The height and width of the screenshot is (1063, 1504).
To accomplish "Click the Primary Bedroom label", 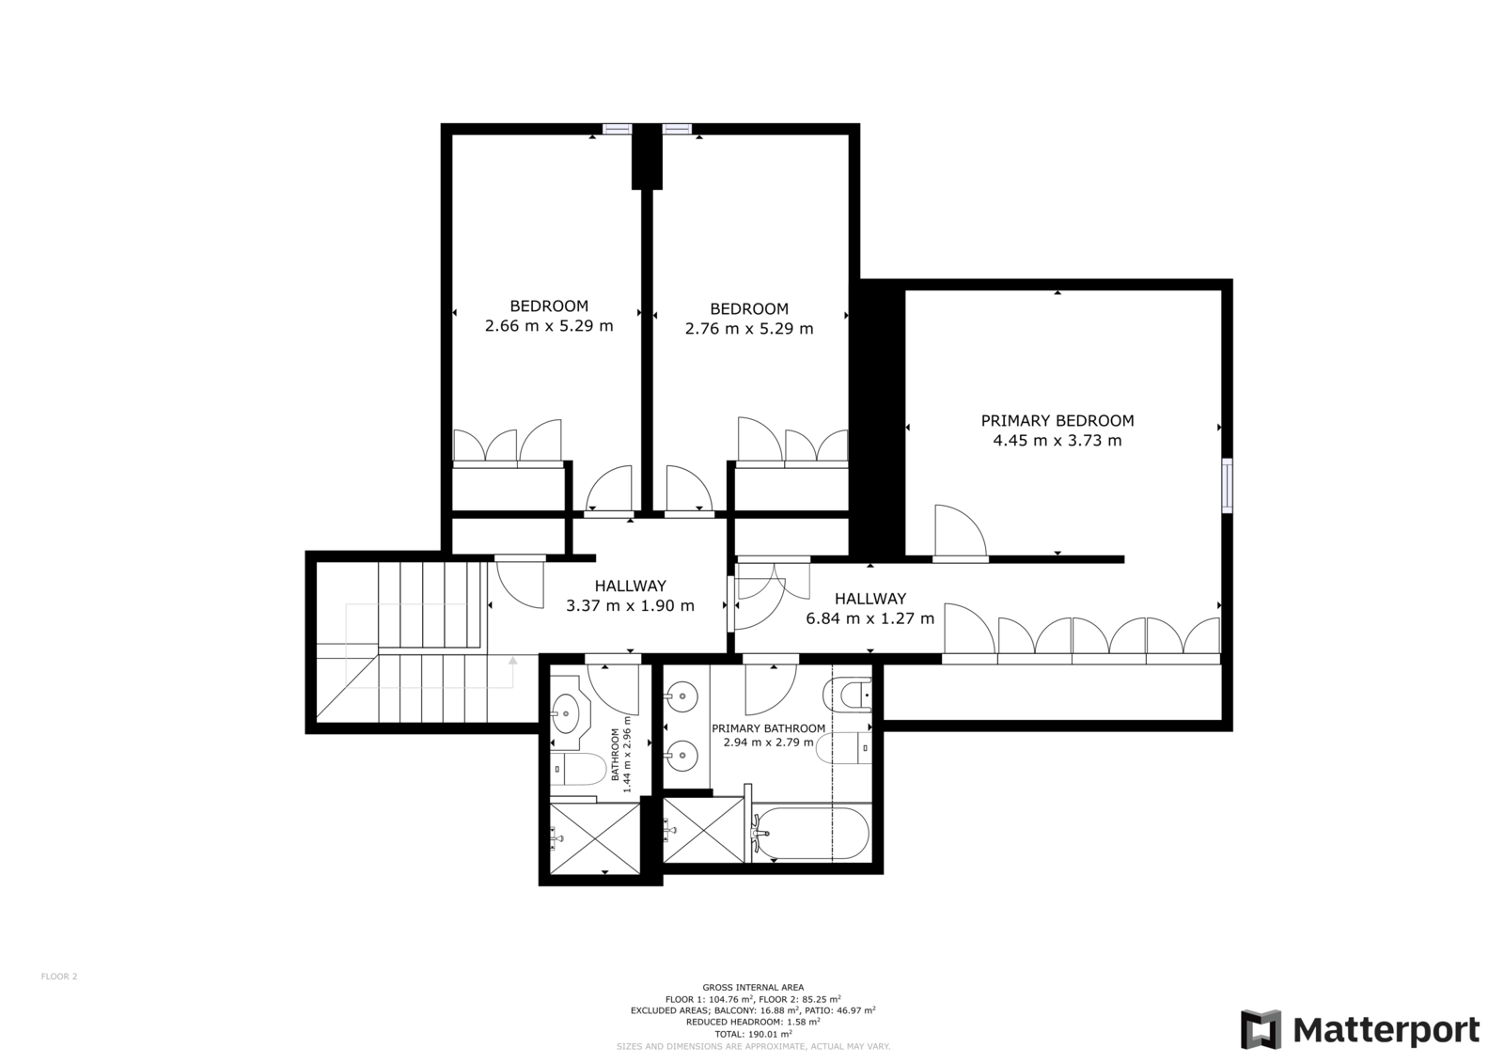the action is pyautogui.click(x=1057, y=421).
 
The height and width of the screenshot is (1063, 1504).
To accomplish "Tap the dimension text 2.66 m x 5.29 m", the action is pyautogui.click(x=549, y=326).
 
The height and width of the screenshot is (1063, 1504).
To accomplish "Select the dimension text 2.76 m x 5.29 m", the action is pyautogui.click(x=749, y=329).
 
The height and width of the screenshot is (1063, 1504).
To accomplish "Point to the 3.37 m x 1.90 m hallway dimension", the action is pyautogui.click(x=630, y=605).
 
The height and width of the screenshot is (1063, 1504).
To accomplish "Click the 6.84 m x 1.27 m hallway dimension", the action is pyautogui.click(x=870, y=618).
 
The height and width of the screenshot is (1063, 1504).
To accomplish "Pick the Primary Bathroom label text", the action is pyautogui.click(x=769, y=728).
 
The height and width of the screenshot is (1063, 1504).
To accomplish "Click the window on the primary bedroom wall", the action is pyautogui.click(x=1228, y=485).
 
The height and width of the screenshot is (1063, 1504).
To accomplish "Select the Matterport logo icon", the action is pyautogui.click(x=1261, y=1029).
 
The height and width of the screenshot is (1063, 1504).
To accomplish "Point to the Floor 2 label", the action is pyautogui.click(x=59, y=977).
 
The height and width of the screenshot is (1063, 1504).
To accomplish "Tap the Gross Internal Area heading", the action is pyautogui.click(x=753, y=987).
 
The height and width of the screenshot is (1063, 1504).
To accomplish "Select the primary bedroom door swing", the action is pyautogui.click(x=960, y=530).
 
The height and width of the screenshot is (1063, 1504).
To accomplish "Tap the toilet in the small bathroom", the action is pyautogui.click(x=578, y=770).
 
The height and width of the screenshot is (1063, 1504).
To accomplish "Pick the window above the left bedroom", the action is pyautogui.click(x=617, y=129).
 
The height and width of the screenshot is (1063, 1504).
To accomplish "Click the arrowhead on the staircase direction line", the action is pyautogui.click(x=513, y=661).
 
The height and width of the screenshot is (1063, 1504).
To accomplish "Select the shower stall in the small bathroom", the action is pyautogui.click(x=595, y=838).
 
